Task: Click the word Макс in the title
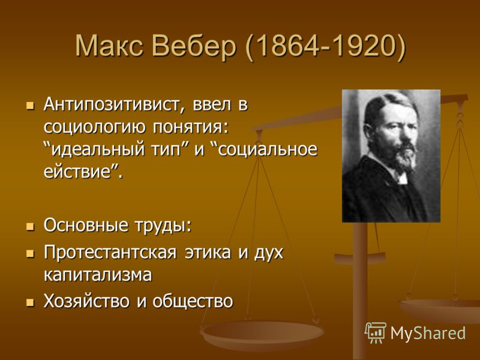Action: pyautogui.click(x=109, y=47)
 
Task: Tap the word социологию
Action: pyautogui.click(x=94, y=127)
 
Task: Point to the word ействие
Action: pyautogui.click(x=77, y=172)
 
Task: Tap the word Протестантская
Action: pyautogui.click(x=110, y=253)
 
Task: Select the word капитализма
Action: pyautogui.click(x=98, y=275)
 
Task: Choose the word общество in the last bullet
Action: pyautogui.click(x=193, y=302)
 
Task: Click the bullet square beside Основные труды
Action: pyautogui.click(x=30, y=227)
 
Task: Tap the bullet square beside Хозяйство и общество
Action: pyautogui.click(x=30, y=303)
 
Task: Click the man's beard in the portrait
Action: pyautogui.click(x=404, y=156)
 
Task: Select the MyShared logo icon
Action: pyautogui.click(x=376, y=333)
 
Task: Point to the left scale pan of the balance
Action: pyautogui.click(x=262, y=335)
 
